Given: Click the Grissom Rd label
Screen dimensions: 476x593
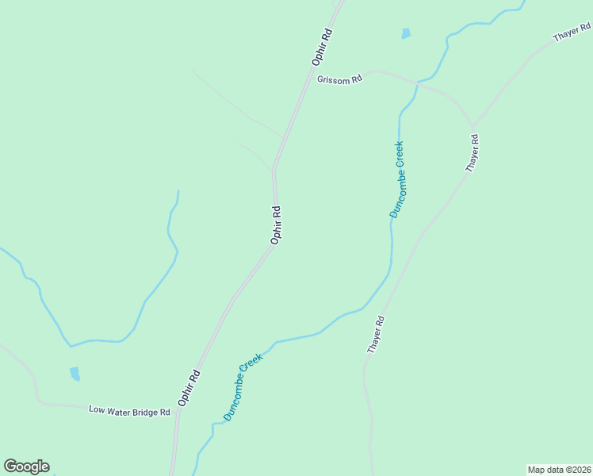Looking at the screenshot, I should click(339, 79).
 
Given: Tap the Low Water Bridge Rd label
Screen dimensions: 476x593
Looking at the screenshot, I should click(129, 411).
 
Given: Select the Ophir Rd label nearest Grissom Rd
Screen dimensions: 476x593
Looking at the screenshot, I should click(321, 47).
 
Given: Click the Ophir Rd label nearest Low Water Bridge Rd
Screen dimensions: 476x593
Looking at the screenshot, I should click(189, 388).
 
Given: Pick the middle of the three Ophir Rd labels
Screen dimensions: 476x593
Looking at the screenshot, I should click(276, 225).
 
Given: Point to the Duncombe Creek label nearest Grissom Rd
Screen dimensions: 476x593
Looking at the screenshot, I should click(397, 179).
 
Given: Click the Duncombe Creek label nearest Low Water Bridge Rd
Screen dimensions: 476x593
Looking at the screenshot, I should click(242, 388).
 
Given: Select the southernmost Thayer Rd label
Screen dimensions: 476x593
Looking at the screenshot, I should click(376, 335).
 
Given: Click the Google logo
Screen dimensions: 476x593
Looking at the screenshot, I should click(26, 466).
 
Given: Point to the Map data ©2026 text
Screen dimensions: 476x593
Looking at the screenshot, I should click(560, 470).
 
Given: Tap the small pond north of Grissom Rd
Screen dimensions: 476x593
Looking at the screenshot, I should click(406, 34).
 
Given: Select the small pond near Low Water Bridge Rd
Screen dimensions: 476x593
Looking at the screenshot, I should click(75, 374).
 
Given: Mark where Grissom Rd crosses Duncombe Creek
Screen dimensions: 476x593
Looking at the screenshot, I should click(416, 82).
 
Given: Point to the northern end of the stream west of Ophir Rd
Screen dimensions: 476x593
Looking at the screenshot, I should click(178, 190).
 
